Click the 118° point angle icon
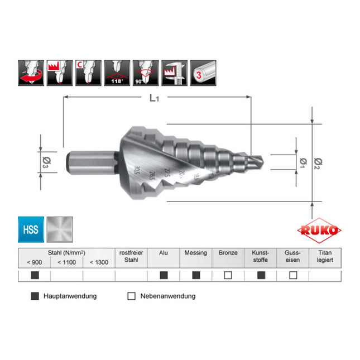tap(118, 73)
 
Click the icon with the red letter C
tap(89, 73)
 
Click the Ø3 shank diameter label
tap(47, 162)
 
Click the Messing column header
tap(195, 253)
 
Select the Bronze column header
tap(228, 253)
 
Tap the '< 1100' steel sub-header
tap(66, 262)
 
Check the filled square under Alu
tap(164, 275)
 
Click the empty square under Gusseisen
tap(292, 275)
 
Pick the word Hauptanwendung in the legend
tap(70, 296)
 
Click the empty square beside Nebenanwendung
tap(132, 296)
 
